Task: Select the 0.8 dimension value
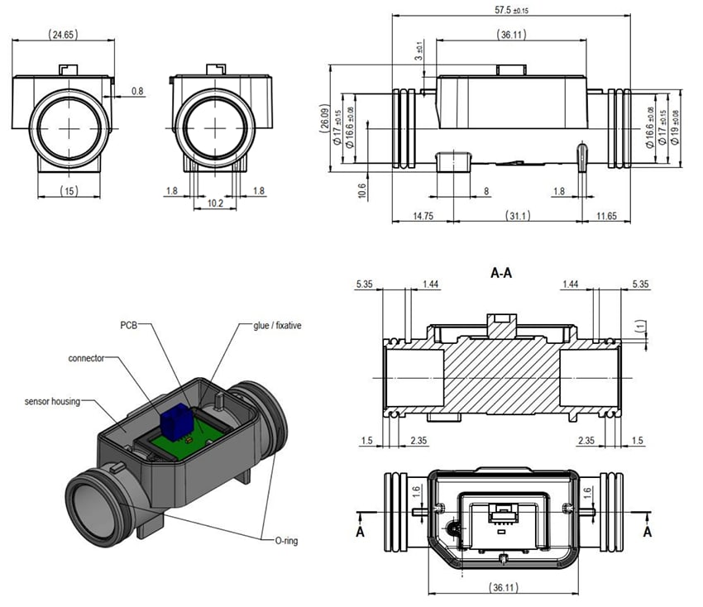pos(137,91)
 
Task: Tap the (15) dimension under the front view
pos(69,191)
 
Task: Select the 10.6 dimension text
pos(362,191)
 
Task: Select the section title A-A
pos(501,273)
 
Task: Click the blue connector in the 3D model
pos(172,422)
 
